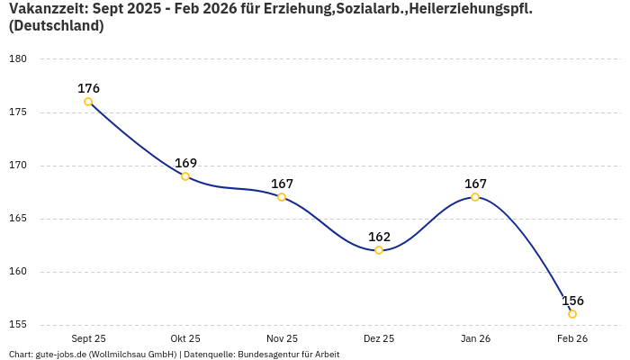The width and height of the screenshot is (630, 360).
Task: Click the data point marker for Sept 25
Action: pyautogui.click(x=88, y=102)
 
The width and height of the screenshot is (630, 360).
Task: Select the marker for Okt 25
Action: pyautogui.click(x=185, y=176)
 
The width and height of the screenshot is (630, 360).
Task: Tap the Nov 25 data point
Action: pyautogui.click(x=282, y=197)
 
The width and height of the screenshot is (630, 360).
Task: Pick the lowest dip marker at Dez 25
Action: pyautogui.click(x=379, y=250)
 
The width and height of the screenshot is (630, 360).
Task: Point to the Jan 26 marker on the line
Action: pyautogui.click(x=475, y=197)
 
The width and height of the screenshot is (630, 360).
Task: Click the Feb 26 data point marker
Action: pyautogui.click(x=572, y=314)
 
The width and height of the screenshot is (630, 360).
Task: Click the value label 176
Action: pyautogui.click(x=88, y=88)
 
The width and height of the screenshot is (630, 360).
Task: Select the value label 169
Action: pyautogui.click(x=185, y=163)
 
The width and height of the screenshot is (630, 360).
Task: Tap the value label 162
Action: pyautogui.click(x=379, y=237)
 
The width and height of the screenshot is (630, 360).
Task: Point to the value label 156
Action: pyautogui.click(x=572, y=301)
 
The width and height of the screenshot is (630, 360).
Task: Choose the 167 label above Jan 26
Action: pyautogui.click(x=475, y=184)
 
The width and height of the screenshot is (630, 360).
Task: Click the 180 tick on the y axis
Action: pyautogui.click(x=19, y=59)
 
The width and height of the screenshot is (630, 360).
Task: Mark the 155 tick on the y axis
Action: pyautogui.click(x=19, y=325)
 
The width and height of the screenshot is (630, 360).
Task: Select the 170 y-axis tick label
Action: pyautogui.click(x=19, y=166)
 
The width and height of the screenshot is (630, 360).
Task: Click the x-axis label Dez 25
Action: pyautogui.click(x=379, y=338)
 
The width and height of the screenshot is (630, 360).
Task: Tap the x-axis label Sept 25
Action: pyautogui.click(x=88, y=338)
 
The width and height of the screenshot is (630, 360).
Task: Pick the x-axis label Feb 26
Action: pyautogui.click(x=572, y=338)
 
